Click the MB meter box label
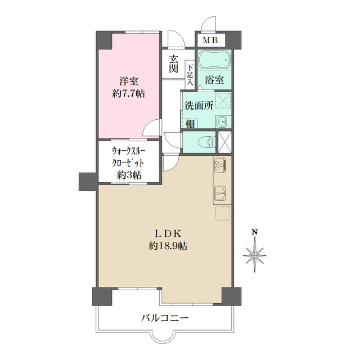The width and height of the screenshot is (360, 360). pos(210,40)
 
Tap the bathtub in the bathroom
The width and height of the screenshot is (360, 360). pos(215,59)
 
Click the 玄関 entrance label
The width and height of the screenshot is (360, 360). pos(174,63)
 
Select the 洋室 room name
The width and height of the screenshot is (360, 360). pos(128,81)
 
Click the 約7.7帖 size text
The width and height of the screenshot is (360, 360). pos(128,94)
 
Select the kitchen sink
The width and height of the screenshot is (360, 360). pos(220,194)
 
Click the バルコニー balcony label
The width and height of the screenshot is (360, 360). pos(165,319)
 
